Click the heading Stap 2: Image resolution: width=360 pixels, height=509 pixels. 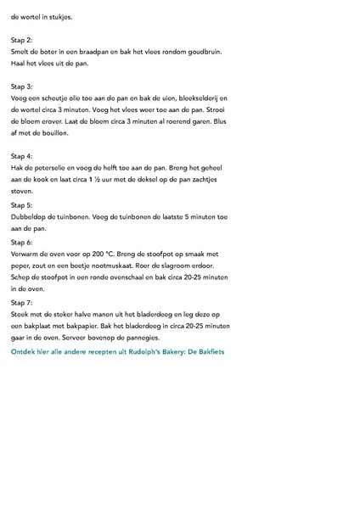tap(22, 40)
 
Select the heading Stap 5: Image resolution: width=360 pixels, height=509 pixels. tap(22, 204)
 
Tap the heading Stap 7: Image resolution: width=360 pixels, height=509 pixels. tap(22, 302)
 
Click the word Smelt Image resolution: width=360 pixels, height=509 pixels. tap(21, 52)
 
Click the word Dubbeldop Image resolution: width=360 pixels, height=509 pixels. tap(29, 216)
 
